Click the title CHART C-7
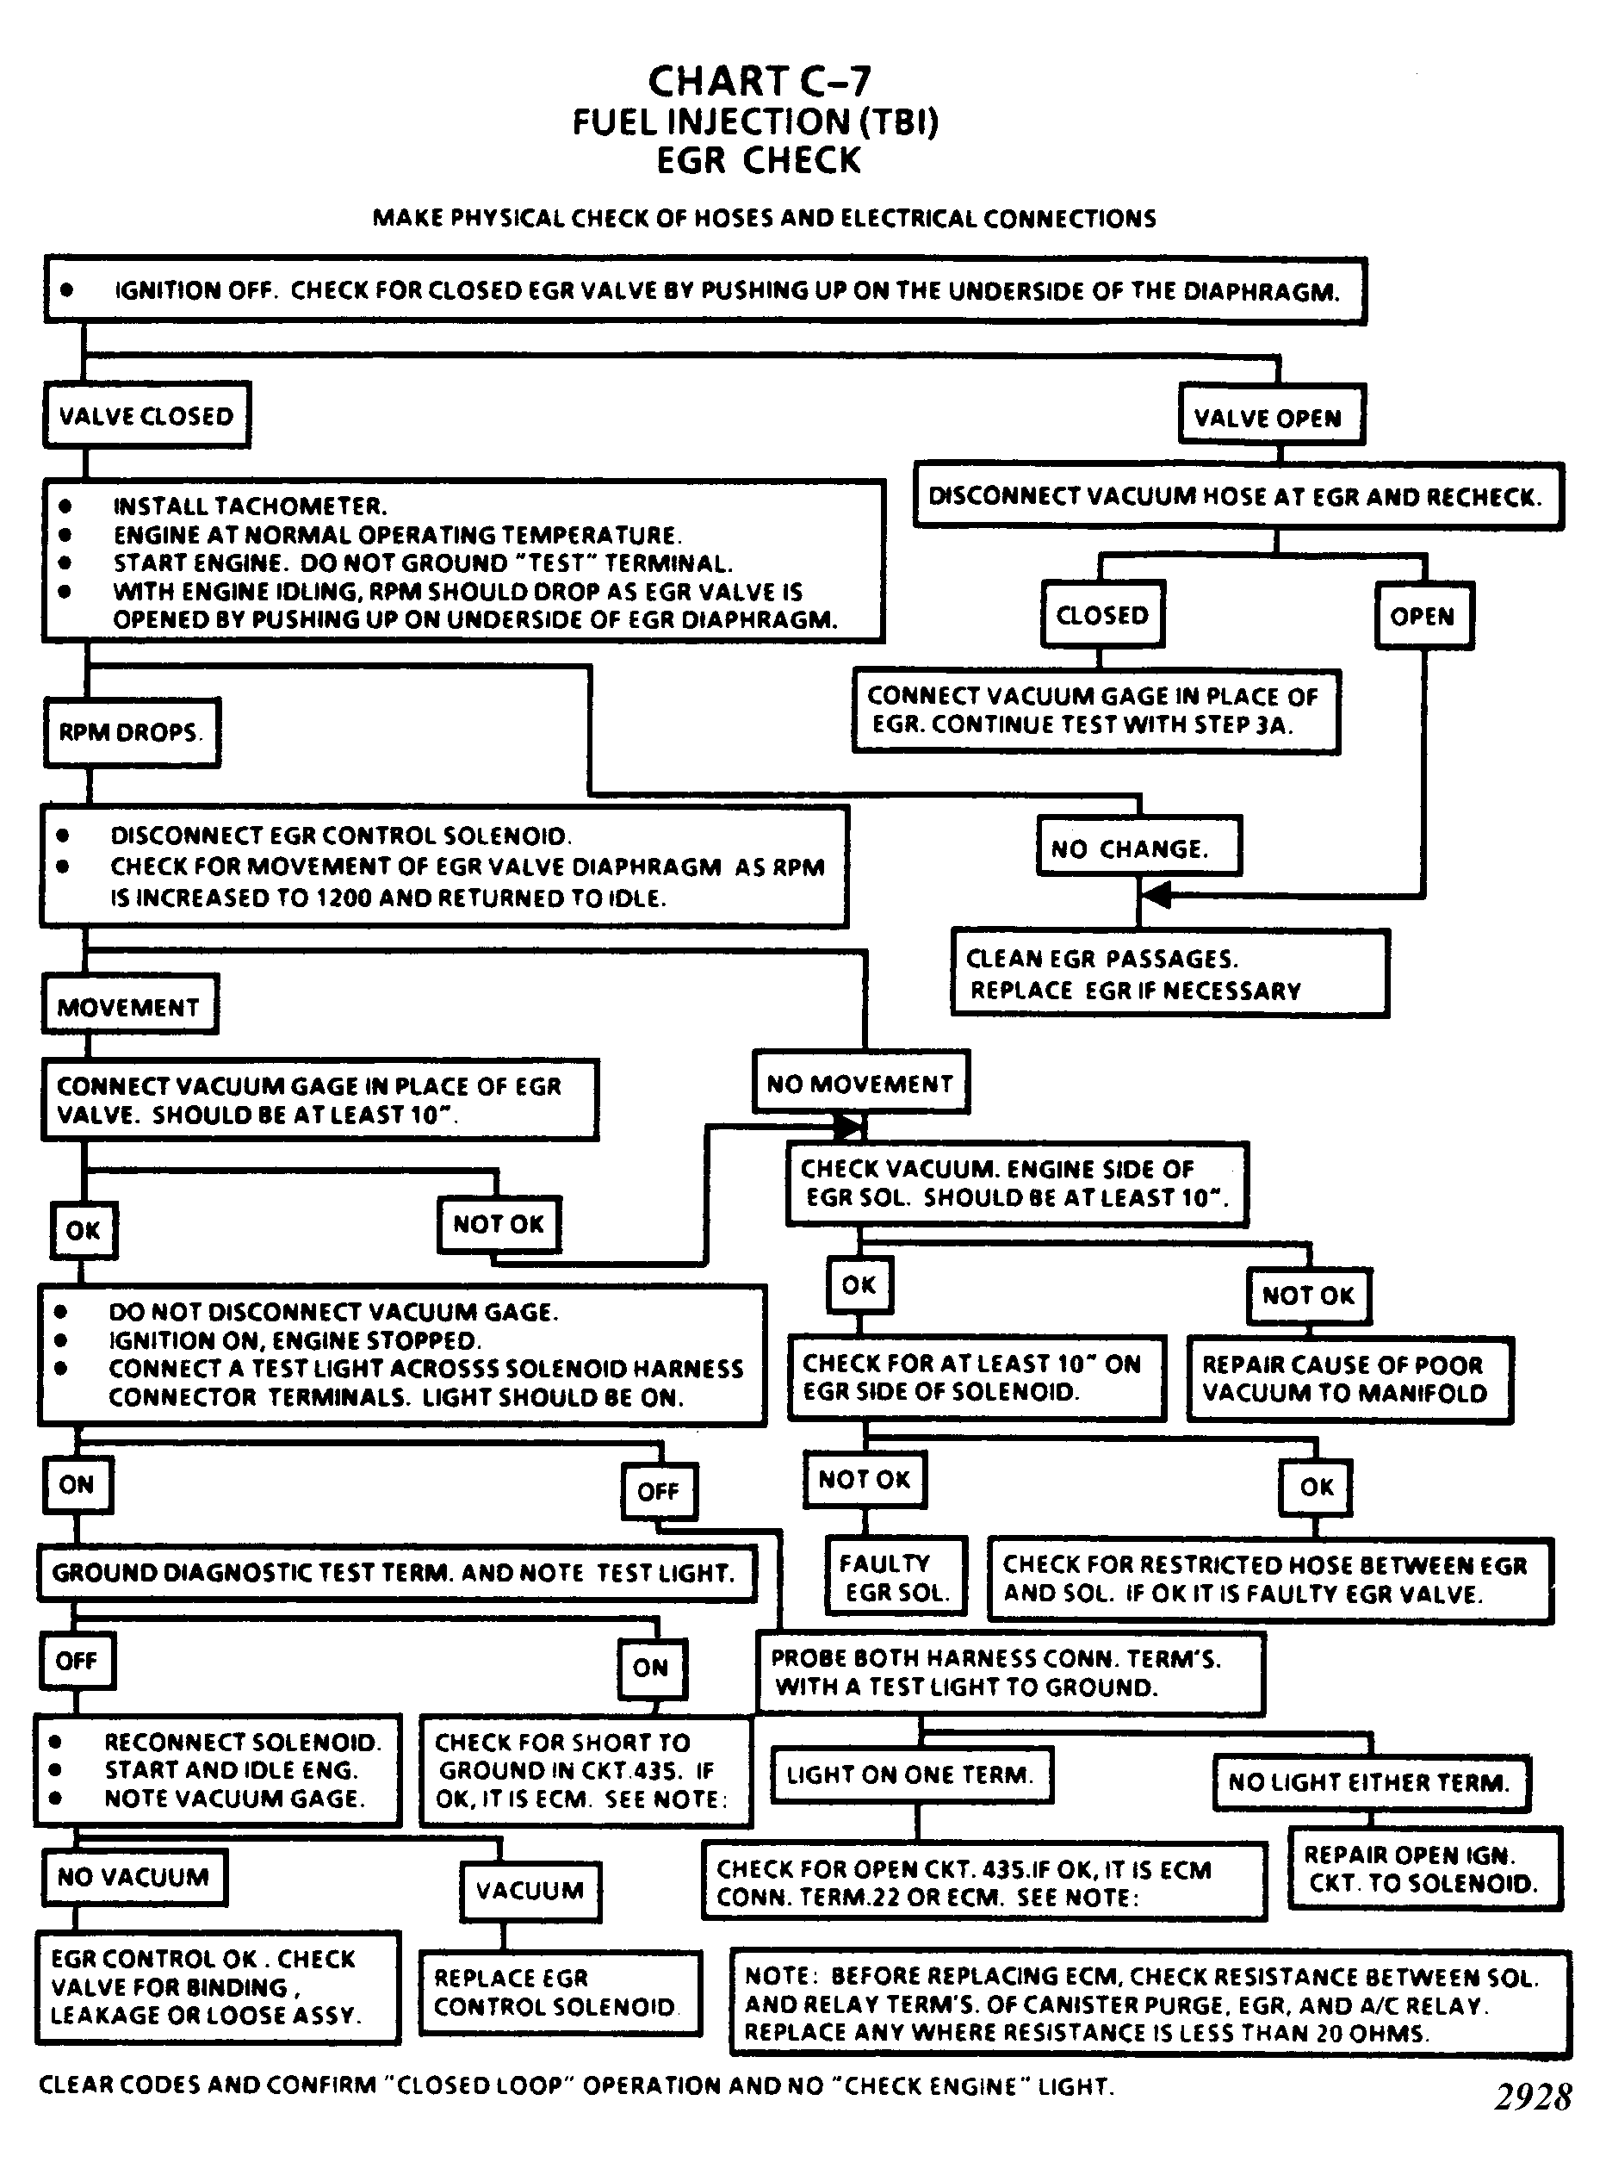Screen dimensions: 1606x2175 (760, 82)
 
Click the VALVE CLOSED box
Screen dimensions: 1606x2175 (146, 415)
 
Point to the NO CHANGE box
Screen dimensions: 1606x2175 (1139, 847)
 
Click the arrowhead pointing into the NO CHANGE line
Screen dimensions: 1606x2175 (1155, 894)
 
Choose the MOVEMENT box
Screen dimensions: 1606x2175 (129, 1005)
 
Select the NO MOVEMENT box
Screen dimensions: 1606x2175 (861, 1082)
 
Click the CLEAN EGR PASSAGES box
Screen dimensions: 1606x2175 (1170, 973)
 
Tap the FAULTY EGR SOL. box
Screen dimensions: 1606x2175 (896, 1578)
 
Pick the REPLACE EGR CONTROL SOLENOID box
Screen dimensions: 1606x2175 (561, 1993)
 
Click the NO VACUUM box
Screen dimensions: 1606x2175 (134, 1876)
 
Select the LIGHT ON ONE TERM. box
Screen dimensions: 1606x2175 (912, 1774)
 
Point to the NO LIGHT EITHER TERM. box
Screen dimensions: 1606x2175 (1372, 1782)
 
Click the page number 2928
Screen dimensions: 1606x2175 (1533, 2098)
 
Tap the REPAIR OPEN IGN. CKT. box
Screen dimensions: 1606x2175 (1424, 1868)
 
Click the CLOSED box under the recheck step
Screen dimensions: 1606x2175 (1102, 614)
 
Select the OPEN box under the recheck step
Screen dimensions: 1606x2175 (1424, 615)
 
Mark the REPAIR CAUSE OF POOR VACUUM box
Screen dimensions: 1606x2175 (1349, 1379)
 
